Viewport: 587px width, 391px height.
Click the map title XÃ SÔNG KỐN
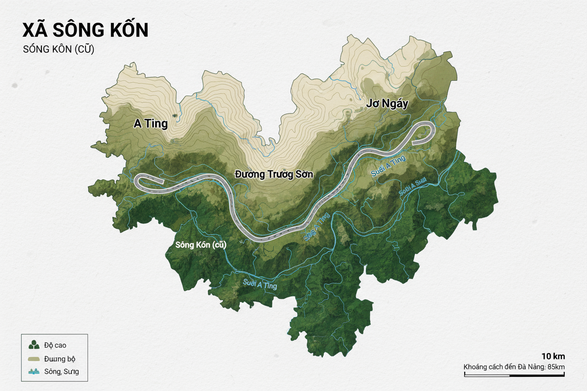(85, 30)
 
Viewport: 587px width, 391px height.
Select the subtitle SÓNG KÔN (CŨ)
(58, 49)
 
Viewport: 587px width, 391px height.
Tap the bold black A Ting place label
(151, 124)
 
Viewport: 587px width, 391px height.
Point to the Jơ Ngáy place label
(387, 104)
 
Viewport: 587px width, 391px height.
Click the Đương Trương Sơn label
(274, 174)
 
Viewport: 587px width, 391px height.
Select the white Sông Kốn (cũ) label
(200, 245)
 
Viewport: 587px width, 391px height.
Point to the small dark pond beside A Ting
(175, 115)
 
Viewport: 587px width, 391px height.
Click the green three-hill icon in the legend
(34, 345)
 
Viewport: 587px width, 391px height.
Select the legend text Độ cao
(55, 345)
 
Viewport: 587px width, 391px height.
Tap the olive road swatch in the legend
(34, 359)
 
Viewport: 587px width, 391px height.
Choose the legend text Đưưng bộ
(60, 359)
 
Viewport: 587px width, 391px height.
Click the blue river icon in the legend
(34, 372)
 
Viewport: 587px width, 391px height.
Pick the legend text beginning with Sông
(62, 372)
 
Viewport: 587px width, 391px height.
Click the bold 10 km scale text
(553, 356)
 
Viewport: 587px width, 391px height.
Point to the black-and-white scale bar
(514, 375)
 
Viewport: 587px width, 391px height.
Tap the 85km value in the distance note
(556, 367)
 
